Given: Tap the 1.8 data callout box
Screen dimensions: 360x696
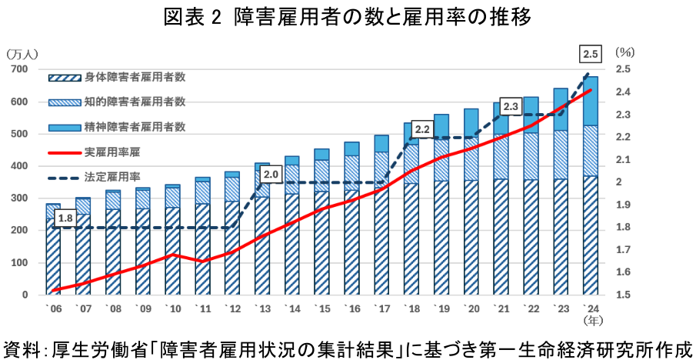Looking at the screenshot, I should coord(65,218).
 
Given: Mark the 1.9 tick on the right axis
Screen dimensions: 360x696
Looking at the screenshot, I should coord(624,205).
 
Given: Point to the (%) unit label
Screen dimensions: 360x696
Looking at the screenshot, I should coord(624,54).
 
